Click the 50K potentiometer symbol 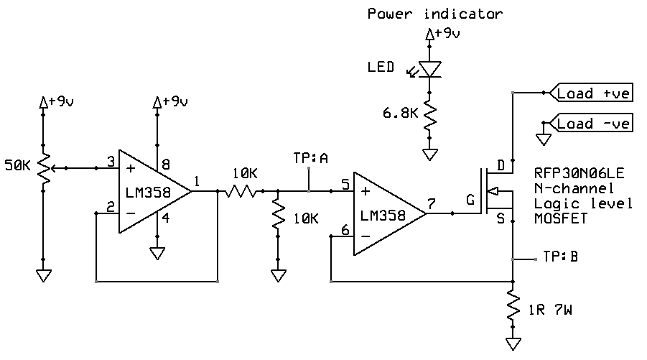(43, 169)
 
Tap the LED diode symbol (430, 68)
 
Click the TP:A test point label (310, 157)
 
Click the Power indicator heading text (435, 13)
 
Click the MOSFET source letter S (501, 217)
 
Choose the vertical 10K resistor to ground (277, 219)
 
